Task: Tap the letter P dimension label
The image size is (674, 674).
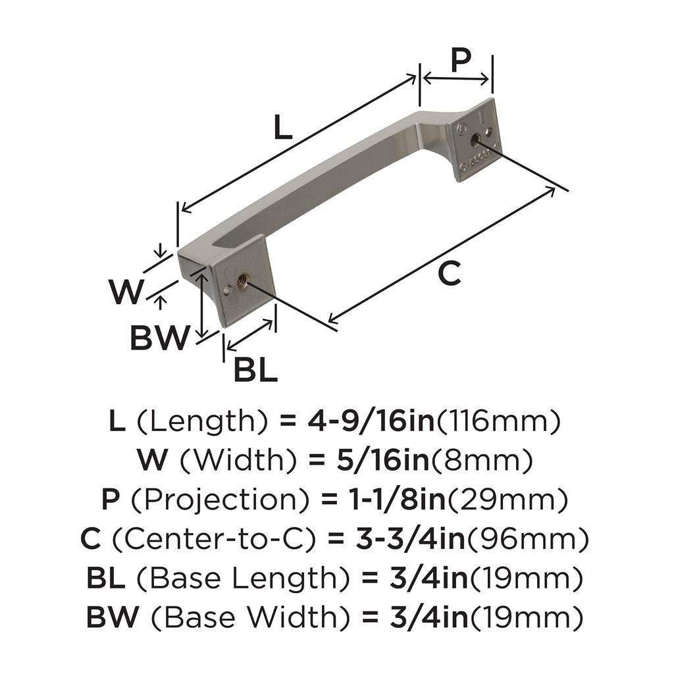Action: point(461,61)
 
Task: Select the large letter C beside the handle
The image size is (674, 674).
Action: point(449,273)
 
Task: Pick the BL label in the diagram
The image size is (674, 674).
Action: point(255,371)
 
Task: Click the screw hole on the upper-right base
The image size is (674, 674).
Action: point(475,138)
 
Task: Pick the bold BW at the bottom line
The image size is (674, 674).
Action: point(113,617)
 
